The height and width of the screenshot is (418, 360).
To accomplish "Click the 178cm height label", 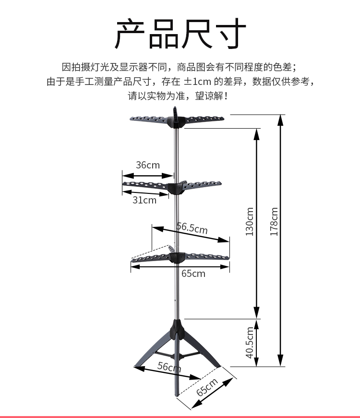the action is [274, 221].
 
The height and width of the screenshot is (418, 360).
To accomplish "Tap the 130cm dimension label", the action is [249, 221].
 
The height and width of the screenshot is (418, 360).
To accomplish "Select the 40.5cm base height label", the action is [250, 343].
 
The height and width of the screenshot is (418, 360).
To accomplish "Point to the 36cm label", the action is [148, 165].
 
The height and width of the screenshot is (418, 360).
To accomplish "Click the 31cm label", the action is [144, 200].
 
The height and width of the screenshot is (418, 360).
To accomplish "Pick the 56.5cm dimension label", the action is [192, 228].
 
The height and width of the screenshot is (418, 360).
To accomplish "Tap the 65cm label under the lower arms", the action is [193, 274].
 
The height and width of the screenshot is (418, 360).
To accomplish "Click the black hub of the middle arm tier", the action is [176, 188].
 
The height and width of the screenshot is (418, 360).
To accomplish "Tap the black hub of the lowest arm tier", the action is [177, 258].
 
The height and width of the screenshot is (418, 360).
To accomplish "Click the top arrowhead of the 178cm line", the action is [280, 120].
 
